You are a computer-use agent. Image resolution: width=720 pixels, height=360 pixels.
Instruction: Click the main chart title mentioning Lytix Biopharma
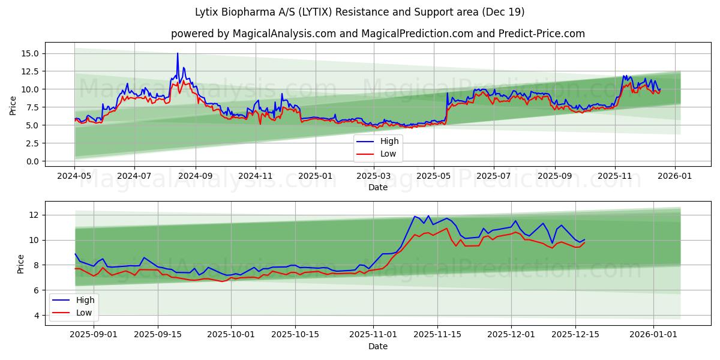click(x=360, y=12)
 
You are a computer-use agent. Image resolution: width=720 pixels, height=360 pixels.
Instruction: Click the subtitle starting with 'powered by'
click(x=378, y=34)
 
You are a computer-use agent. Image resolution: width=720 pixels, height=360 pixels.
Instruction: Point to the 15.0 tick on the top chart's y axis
click(x=30, y=53)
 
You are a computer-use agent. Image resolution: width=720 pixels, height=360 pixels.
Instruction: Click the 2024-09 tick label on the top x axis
click(x=196, y=176)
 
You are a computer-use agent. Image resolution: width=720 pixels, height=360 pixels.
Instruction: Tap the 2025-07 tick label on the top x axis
click(x=493, y=176)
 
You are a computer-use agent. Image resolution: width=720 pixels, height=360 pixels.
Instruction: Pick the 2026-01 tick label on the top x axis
click(x=675, y=176)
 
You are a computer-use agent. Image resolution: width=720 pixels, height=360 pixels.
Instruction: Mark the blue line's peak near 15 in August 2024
click(x=177, y=53)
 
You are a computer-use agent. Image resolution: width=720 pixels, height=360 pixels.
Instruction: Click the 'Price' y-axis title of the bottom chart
click(x=21, y=264)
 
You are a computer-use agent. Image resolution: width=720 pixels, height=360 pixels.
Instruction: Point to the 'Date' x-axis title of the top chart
click(x=378, y=187)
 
